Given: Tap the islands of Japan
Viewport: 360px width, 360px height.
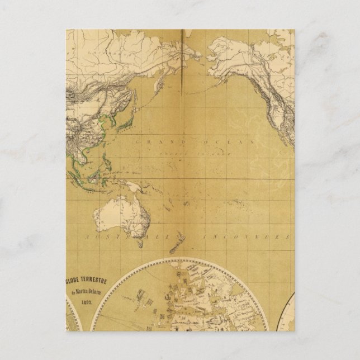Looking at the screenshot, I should click(x=127, y=120).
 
